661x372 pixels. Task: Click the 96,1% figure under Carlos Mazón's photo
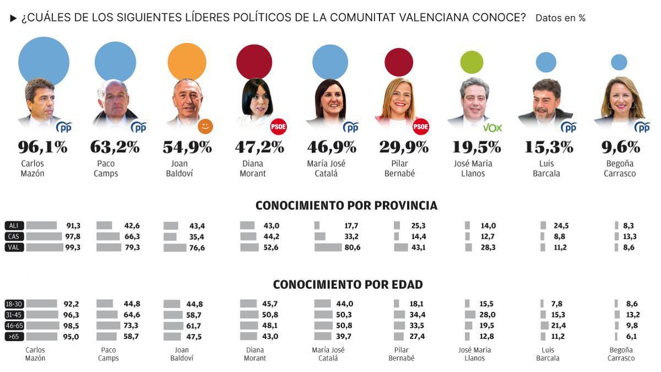click(x=42, y=147)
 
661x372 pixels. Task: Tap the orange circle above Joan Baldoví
click(x=187, y=62)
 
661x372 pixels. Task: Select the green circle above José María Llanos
click(x=472, y=62)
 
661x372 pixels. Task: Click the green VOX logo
click(x=492, y=128)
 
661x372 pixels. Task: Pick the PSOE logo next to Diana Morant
click(x=278, y=127)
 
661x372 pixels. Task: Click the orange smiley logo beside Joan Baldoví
click(x=205, y=127)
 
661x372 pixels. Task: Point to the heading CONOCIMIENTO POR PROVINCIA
click(x=346, y=206)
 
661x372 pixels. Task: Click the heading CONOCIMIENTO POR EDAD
click(x=348, y=284)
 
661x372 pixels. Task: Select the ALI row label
click(x=14, y=225)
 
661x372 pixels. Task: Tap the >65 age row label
click(x=14, y=337)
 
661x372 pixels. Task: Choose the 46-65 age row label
click(x=14, y=326)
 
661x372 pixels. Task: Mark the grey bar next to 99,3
click(x=45, y=247)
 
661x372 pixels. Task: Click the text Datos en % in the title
click(x=560, y=18)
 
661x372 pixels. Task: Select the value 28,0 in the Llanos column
click(x=487, y=315)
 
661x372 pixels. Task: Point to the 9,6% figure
click(x=620, y=147)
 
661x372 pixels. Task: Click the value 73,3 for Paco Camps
click(x=131, y=326)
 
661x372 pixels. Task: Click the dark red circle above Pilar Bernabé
click(x=399, y=62)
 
